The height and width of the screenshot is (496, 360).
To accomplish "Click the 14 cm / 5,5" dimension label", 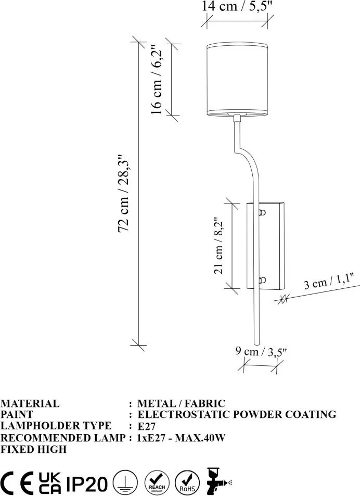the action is (237, 6).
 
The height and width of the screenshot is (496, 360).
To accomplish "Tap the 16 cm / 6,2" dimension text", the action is (157, 79).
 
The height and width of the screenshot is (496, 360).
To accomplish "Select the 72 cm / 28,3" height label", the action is (124, 194).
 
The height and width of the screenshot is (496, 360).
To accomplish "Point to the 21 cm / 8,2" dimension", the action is (218, 246).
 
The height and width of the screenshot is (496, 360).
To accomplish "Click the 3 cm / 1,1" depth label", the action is (328, 281).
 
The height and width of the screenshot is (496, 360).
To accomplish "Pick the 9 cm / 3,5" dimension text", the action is (261, 351).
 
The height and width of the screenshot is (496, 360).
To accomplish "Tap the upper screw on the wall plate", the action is (262, 212).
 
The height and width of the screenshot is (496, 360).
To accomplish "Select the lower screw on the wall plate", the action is (262, 280).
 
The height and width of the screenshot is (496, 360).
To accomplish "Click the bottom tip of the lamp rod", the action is (256, 344).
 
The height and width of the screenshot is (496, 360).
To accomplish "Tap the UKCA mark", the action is (50, 483).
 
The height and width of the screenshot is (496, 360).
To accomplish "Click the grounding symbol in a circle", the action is (125, 482).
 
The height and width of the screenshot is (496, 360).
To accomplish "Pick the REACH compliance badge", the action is (157, 482).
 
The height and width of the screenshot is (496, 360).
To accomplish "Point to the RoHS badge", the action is (187, 482).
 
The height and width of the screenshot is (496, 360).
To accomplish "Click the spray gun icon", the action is (218, 481).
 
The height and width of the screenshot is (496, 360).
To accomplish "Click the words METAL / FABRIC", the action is (181, 404).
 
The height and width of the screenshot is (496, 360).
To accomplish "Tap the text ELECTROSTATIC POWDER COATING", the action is (237, 414).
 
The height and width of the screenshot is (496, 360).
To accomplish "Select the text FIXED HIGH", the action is (33, 449).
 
